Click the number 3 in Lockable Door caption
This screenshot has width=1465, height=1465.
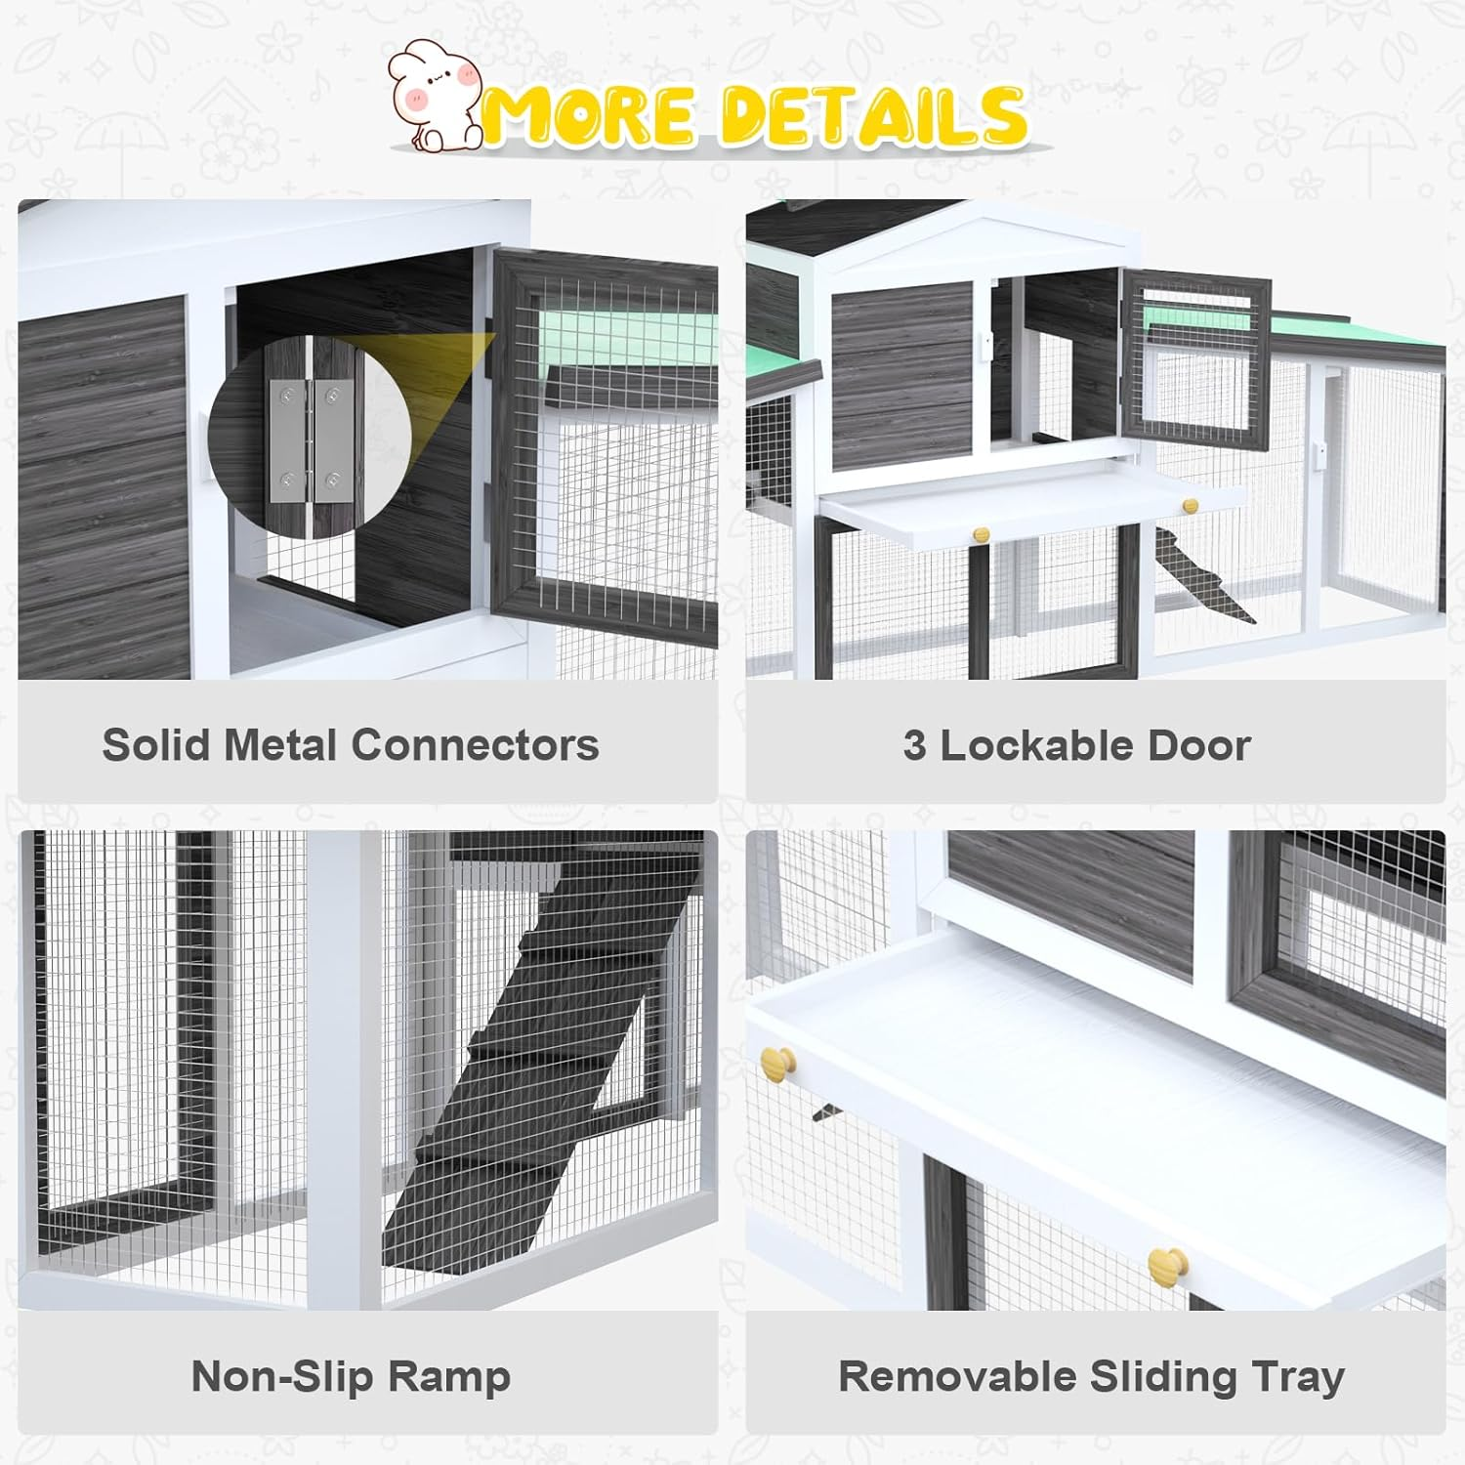(914, 745)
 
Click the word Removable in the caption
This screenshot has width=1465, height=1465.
(958, 1377)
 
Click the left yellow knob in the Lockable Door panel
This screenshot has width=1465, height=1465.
(982, 534)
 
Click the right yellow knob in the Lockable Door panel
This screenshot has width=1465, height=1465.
(1190, 506)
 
